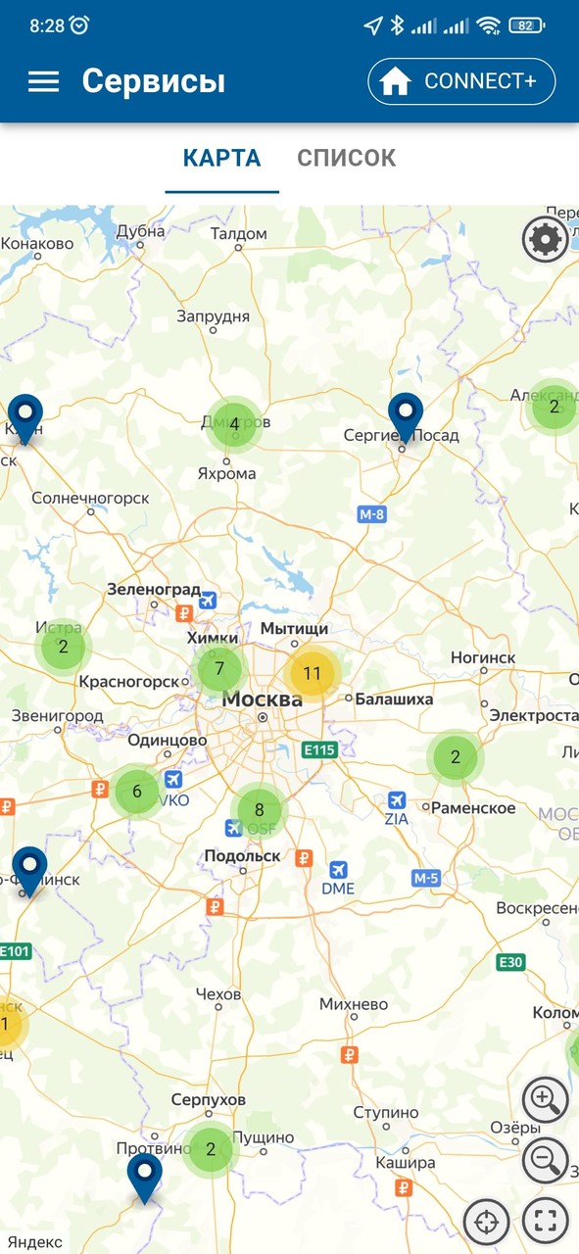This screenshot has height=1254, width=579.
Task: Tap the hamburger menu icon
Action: point(43,81)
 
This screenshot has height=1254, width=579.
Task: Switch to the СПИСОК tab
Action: point(346,158)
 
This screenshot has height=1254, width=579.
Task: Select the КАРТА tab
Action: point(222,158)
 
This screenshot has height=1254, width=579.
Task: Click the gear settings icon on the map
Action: point(545,239)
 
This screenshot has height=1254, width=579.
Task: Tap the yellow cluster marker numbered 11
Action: point(312,673)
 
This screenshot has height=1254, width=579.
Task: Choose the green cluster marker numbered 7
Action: point(219,670)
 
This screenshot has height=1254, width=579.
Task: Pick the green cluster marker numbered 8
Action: point(259,809)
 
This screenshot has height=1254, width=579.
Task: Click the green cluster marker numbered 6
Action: point(137,792)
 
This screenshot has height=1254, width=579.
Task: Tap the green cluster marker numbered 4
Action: point(234,424)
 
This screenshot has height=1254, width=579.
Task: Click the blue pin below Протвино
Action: point(144,1175)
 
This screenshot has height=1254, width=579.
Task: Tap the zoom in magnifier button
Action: point(545,1100)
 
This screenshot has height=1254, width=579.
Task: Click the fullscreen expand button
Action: point(545,1221)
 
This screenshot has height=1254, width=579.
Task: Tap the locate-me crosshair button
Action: point(486,1221)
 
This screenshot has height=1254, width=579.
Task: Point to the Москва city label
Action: point(262,699)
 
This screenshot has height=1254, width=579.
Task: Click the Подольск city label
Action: point(242,855)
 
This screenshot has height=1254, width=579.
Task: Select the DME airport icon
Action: point(338,870)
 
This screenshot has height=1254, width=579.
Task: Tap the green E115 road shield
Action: point(320,750)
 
